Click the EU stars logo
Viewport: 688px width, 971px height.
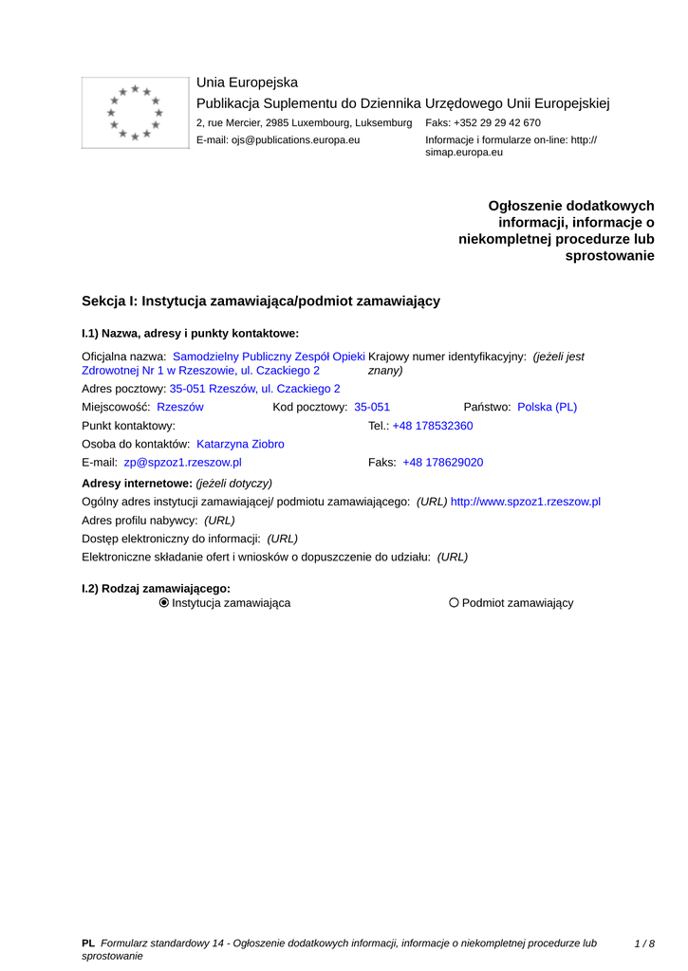(x=135, y=113)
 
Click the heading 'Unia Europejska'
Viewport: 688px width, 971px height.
(x=247, y=82)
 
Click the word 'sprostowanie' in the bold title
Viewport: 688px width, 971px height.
(x=609, y=256)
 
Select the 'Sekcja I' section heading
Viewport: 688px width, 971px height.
(x=260, y=301)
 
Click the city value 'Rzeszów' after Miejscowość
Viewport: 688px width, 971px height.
(x=180, y=407)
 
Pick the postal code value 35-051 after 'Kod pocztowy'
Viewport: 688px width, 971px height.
(x=372, y=407)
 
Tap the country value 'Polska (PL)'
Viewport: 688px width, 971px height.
(x=547, y=407)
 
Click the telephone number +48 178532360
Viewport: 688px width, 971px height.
(x=433, y=426)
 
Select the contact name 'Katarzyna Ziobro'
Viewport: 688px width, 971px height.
(x=240, y=444)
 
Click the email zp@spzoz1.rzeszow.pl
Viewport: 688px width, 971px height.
(x=182, y=463)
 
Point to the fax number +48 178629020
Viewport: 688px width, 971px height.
(x=443, y=463)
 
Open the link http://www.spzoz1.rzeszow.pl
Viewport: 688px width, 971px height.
(x=526, y=502)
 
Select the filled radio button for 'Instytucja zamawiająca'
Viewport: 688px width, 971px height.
(x=164, y=603)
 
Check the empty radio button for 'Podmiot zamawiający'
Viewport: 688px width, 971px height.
(x=454, y=603)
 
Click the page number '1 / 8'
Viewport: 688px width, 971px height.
(x=644, y=944)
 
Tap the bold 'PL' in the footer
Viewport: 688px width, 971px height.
(x=88, y=944)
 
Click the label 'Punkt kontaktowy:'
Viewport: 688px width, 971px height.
(x=129, y=426)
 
